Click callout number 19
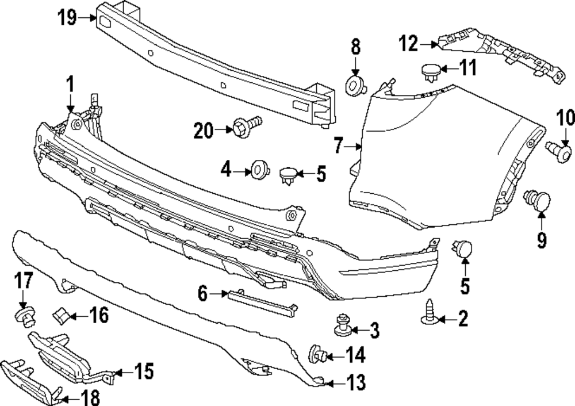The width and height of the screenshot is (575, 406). pyautogui.click(x=67, y=18)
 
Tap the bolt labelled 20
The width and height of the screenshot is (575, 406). pyautogui.click(x=245, y=127)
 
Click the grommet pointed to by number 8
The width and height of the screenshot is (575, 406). pyautogui.click(x=355, y=86)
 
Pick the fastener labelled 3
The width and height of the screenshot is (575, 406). pyautogui.click(x=344, y=325)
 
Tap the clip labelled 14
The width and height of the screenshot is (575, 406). pyautogui.click(x=319, y=355)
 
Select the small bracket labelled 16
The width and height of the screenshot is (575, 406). pyautogui.click(x=62, y=315)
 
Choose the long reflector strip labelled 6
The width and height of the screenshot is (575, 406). pyautogui.click(x=262, y=300)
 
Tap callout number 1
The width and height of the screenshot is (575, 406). pyautogui.click(x=70, y=86)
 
